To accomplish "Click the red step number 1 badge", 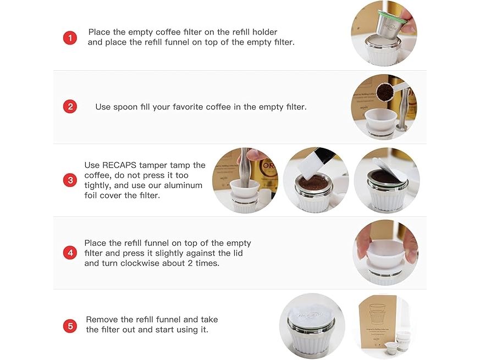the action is coord(70,38).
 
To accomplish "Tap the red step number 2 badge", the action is coord(70,107).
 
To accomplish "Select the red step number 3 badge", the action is coord(70,180).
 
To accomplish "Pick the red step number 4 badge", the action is coord(70,253).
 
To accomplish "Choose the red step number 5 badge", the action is coord(70,326).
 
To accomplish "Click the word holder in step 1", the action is coord(265,32).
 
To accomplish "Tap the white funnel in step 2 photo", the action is coord(380,119).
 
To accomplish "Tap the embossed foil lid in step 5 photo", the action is coord(311,316).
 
